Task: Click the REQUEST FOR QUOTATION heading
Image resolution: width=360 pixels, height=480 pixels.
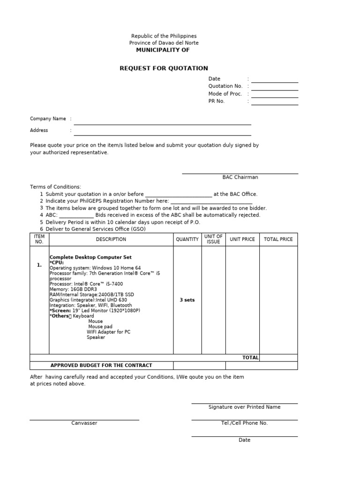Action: click(x=164, y=68)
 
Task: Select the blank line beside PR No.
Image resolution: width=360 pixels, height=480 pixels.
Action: click(x=274, y=104)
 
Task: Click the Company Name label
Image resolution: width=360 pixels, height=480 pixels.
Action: click(x=48, y=119)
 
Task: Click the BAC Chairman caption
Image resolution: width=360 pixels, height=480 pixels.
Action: click(x=240, y=177)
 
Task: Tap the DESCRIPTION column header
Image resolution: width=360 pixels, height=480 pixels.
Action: click(x=111, y=240)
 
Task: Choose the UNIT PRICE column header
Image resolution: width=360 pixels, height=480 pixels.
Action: click(x=242, y=240)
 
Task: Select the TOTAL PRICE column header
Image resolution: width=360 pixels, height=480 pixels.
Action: click(x=278, y=240)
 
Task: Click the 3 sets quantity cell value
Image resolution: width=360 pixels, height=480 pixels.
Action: click(x=187, y=300)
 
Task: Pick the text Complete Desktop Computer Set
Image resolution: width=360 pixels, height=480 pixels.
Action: click(x=90, y=257)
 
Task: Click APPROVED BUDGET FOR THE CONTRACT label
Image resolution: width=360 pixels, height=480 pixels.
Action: click(x=101, y=365)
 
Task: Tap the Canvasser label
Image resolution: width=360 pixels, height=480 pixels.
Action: click(x=84, y=423)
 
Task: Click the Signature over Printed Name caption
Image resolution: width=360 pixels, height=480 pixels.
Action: click(x=244, y=407)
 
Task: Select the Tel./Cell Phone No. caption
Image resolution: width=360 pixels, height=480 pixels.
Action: click(x=244, y=423)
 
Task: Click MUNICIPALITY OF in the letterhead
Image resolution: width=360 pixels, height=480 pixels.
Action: click(x=163, y=50)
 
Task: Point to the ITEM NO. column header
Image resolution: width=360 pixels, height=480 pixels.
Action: click(x=39, y=240)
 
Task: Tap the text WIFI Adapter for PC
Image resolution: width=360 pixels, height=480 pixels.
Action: click(x=109, y=332)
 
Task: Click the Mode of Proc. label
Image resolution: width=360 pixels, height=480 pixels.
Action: click(x=225, y=94)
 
